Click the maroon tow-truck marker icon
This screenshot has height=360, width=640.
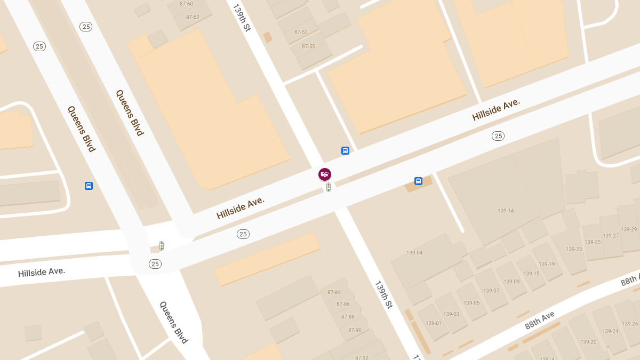[x=325, y=174]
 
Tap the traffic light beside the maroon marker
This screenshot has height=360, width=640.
[x=329, y=187]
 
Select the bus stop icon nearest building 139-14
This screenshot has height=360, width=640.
[x=418, y=181]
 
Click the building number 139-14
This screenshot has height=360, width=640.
[x=506, y=211]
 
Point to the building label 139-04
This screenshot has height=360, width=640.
[x=414, y=253]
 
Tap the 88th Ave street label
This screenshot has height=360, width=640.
[x=540, y=321]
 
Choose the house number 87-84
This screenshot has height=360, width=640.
[x=334, y=292]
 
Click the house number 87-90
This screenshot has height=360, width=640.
[x=355, y=330]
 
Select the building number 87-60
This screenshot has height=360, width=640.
[x=186, y=4]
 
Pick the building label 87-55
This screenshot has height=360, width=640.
[x=308, y=46]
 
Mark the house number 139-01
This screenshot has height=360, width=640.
[x=434, y=323]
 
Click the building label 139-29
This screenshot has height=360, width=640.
[x=629, y=229]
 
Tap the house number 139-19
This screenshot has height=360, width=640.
[x=547, y=264]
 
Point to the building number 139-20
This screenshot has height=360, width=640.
[x=588, y=342]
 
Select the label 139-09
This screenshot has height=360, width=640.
[x=511, y=282]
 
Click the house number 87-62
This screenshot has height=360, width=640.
[x=193, y=17]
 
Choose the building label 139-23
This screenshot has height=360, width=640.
[x=574, y=249]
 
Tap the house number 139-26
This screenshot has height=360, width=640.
[x=630, y=324]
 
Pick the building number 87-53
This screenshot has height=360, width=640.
[x=301, y=32]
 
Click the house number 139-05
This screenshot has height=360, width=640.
[x=471, y=303]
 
